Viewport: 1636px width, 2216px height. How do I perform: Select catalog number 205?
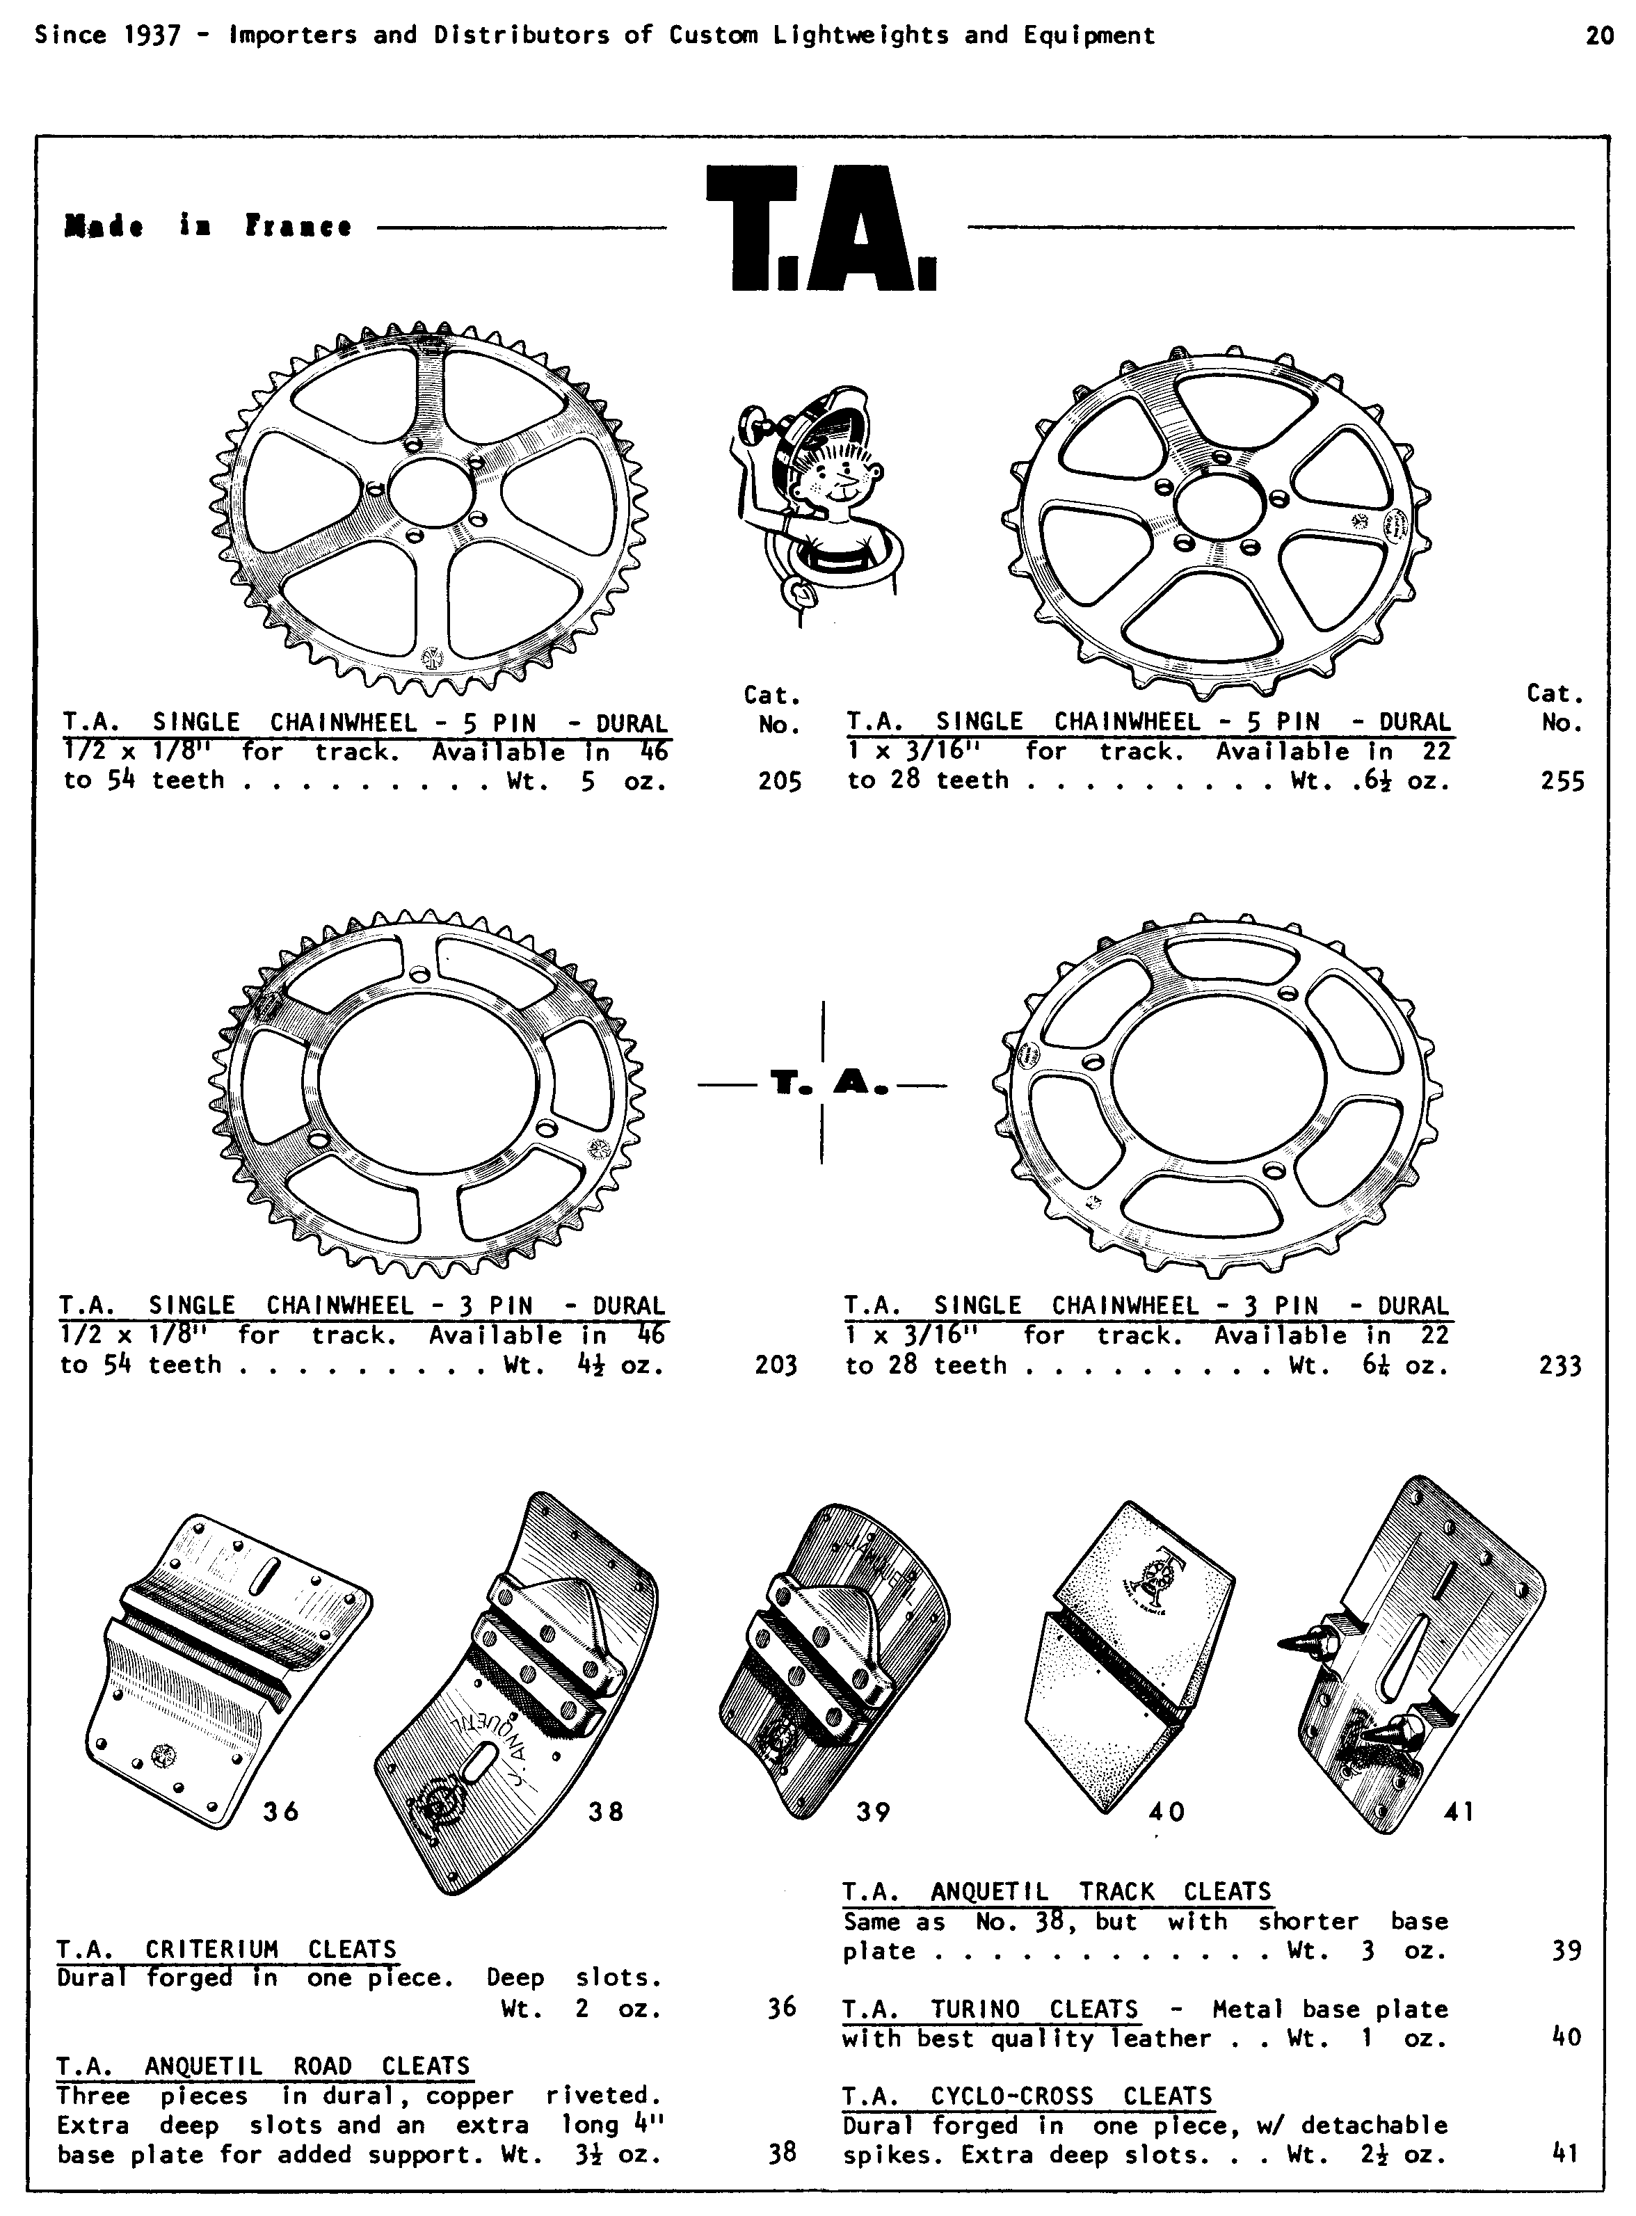click(x=779, y=781)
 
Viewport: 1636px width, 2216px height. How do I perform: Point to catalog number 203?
click(x=776, y=1365)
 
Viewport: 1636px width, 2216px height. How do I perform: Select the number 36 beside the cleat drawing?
click(x=280, y=1812)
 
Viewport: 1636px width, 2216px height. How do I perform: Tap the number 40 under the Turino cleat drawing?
click(x=1166, y=1812)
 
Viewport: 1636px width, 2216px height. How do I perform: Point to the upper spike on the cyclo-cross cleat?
click(x=1307, y=1643)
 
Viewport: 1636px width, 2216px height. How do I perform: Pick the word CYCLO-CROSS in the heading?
click(x=1012, y=2096)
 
